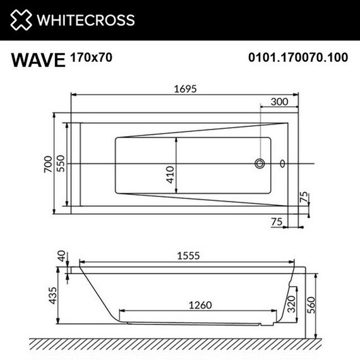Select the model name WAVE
(39, 60)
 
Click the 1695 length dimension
(183, 89)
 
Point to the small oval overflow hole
(282, 164)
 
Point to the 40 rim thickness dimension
(61, 257)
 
